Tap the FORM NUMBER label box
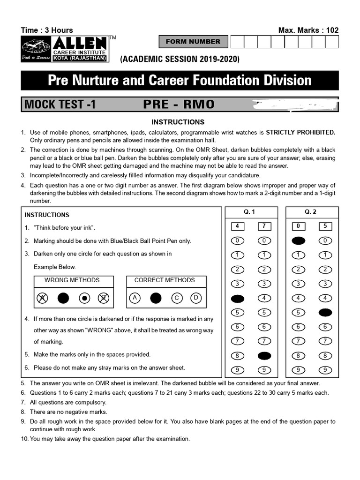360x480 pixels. pyautogui.click(x=193, y=42)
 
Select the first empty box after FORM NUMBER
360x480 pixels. pyautogui.click(x=237, y=42)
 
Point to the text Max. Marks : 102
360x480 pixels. pyautogui.click(x=308, y=30)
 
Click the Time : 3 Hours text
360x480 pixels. pyautogui.click(x=47, y=30)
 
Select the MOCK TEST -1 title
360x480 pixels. pyautogui.click(x=60, y=105)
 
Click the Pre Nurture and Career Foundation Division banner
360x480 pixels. pyautogui.click(x=180, y=80)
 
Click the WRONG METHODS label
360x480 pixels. pyautogui.click(x=72, y=280)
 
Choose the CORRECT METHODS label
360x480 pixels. pyautogui.click(x=165, y=280)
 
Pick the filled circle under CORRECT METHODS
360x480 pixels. pyautogui.click(x=156, y=298)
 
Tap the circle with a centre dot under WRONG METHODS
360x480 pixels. pyautogui.click(x=84, y=298)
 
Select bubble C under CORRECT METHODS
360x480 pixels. pyautogui.click(x=177, y=298)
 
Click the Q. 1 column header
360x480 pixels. pyautogui.click(x=250, y=212)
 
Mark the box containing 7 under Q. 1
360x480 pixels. pyautogui.click(x=264, y=226)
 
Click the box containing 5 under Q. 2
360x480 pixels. pyautogui.click(x=325, y=226)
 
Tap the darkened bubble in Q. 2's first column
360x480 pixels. pyautogui.click(x=298, y=241)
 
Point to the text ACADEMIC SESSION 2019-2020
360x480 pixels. pyautogui.click(x=180, y=59)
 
